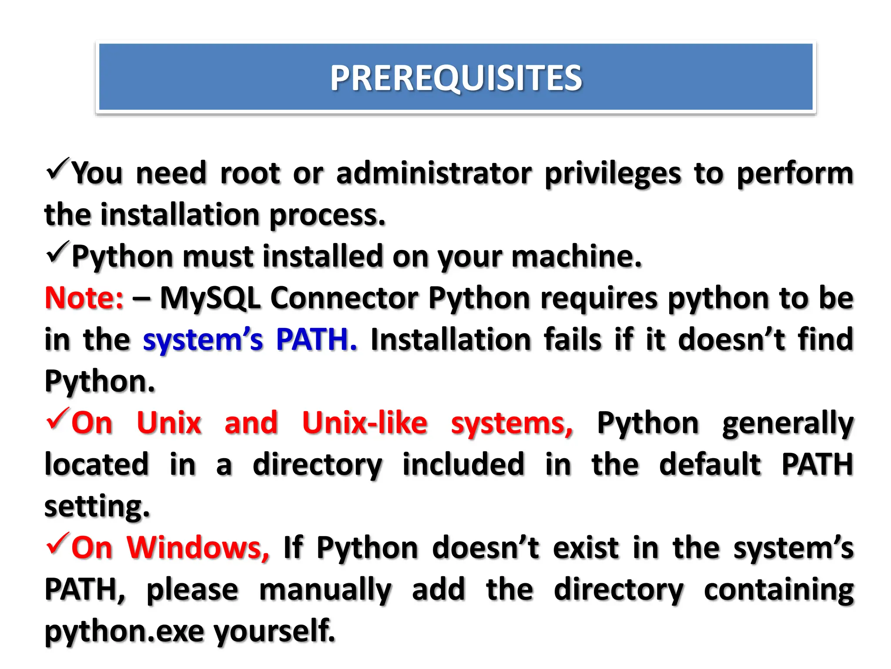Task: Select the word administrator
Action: coord(434,173)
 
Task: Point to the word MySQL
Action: coord(210,299)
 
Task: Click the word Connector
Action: coord(344,298)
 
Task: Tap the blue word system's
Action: coord(203,340)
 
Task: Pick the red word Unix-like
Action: coord(365,423)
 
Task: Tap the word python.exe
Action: coord(124,631)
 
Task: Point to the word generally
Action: coord(788,424)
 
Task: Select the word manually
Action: coord(325,590)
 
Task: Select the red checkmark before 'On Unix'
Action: coord(57,419)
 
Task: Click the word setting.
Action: coord(97,507)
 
